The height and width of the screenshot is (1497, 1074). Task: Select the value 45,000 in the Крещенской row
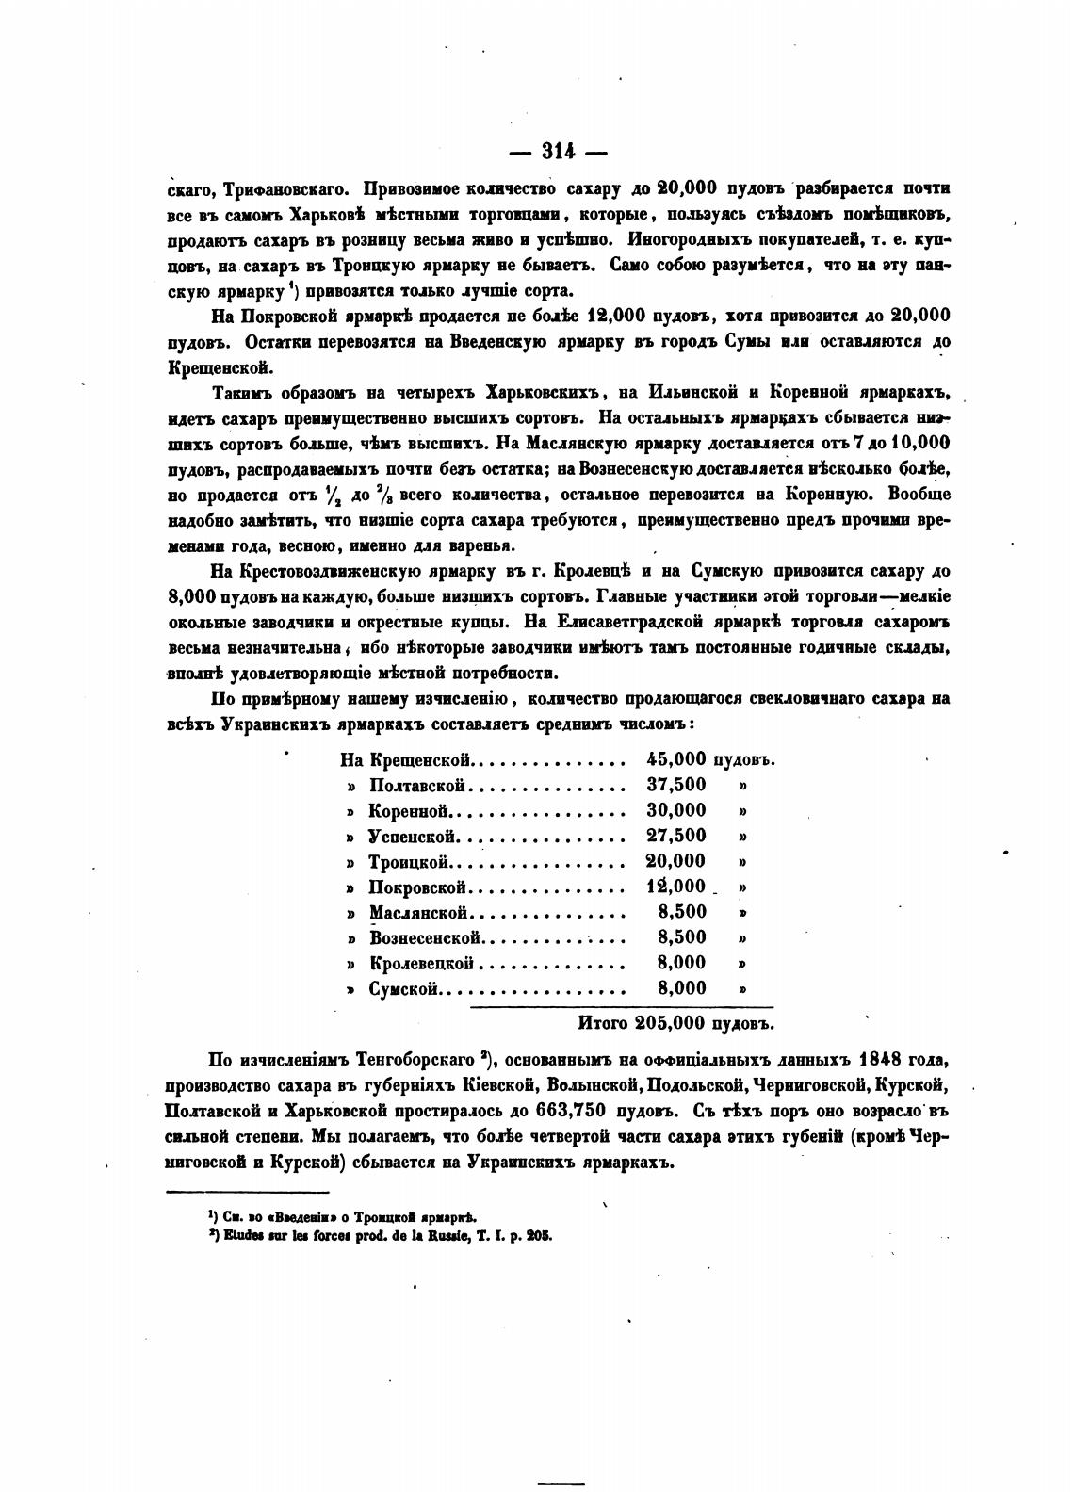coord(675,759)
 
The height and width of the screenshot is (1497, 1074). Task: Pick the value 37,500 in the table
coord(675,785)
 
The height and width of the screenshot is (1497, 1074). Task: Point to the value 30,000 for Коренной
coord(675,810)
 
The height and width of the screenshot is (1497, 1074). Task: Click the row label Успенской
coord(413,836)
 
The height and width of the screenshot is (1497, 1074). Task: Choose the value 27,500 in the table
coord(675,836)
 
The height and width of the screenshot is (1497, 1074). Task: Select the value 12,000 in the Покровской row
coord(675,887)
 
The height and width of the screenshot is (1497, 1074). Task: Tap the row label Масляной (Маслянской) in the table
coord(418,912)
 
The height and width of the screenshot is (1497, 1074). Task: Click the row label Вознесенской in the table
coord(426,937)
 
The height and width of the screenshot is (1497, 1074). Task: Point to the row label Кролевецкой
coord(420,963)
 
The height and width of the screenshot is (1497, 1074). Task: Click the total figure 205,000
coord(671,1022)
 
